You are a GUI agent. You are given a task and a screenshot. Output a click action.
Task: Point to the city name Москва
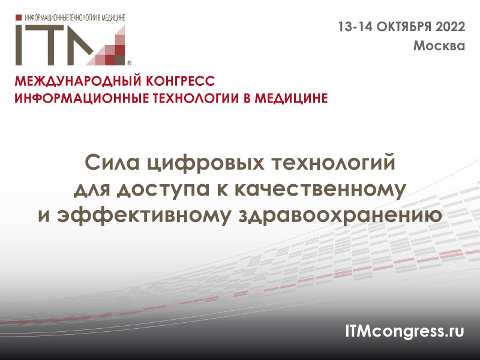pos(439,46)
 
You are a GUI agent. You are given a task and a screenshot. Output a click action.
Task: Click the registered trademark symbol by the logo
pos(130,62)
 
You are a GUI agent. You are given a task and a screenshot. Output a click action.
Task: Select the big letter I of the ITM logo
pos(20,44)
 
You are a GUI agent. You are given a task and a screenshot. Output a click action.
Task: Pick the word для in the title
pos(94,190)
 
